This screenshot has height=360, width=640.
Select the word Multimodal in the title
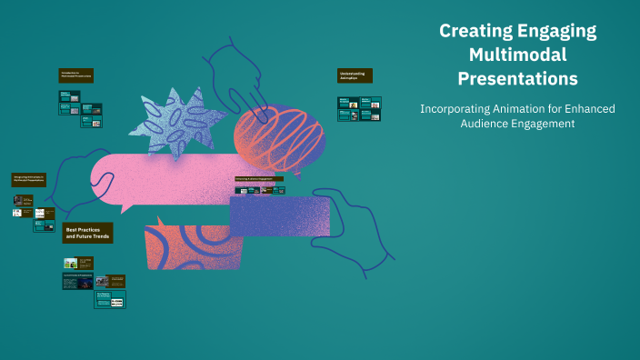point(517,55)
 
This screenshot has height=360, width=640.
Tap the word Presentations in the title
point(517,78)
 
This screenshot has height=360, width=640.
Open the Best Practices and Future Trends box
point(87,233)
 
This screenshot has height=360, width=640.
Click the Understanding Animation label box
point(354,75)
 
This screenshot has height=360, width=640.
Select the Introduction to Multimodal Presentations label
point(76,75)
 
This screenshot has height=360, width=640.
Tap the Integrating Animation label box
point(29,179)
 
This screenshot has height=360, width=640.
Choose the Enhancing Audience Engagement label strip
point(259,179)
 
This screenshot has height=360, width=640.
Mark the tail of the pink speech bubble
point(127,208)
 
